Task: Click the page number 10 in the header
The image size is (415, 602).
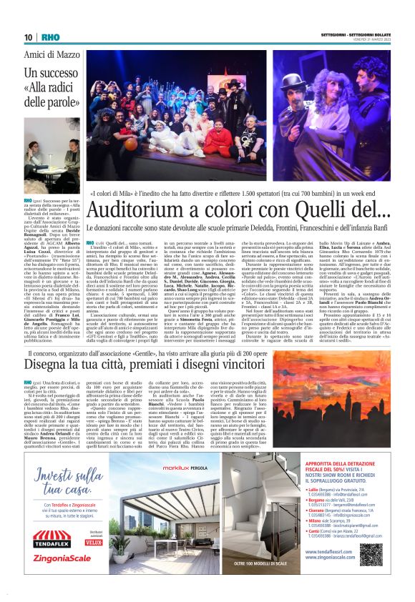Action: (x=28, y=37)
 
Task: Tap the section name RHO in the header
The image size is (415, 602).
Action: (x=50, y=37)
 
